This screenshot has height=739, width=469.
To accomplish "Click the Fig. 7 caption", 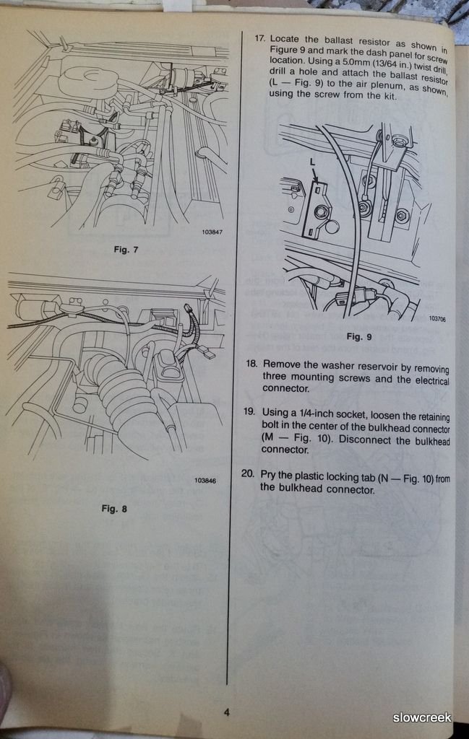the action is tap(126, 249).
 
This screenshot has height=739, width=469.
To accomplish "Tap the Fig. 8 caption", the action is tap(114, 509).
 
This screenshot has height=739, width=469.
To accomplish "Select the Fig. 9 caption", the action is tap(359, 336).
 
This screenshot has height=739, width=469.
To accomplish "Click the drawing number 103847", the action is tap(212, 232).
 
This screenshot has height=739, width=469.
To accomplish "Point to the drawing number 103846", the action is tap(205, 481).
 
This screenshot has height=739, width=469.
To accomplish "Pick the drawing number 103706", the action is tap(437, 319).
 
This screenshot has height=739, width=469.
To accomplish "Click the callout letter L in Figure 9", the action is tap(312, 161).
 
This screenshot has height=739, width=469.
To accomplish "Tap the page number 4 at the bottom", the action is tap(226, 712).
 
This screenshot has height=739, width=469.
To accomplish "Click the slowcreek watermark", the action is tap(422, 718).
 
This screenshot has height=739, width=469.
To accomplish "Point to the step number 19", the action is tap(249, 411).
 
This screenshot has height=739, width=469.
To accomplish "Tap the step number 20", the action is tap(248, 473).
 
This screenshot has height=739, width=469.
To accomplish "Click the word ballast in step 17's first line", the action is tap(338, 40).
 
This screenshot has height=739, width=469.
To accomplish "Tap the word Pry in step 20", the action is tap(268, 475).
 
